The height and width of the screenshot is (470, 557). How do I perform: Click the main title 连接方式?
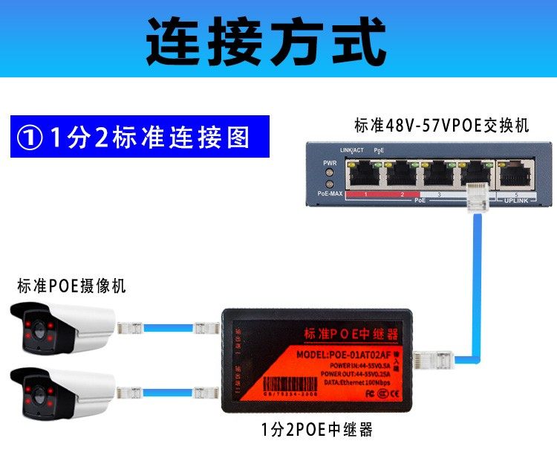point(266,41)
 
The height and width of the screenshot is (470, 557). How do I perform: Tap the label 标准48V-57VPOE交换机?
point(441,126)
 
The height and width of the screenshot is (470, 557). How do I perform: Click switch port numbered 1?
point(364,175)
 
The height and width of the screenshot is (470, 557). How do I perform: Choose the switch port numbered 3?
point(438,175)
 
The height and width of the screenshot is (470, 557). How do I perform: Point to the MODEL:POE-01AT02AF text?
point(351,355)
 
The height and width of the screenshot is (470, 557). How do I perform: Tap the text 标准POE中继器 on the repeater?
point(352,333)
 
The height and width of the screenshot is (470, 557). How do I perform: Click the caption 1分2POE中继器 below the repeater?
point(316,430)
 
